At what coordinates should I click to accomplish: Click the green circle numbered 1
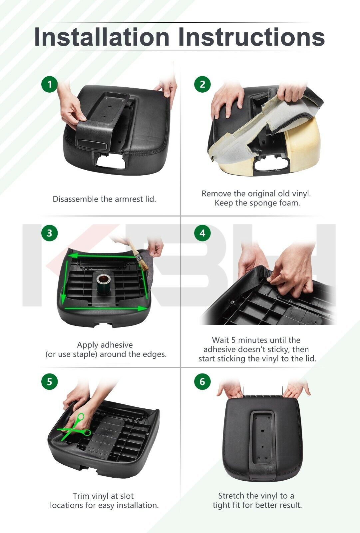(x=50, y=84)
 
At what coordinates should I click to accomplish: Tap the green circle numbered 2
(x=202, y=84)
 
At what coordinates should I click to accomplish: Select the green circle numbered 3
(x=50, y=233)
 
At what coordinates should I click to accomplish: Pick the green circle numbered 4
(x=202, y=233)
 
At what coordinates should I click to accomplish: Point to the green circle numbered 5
(x=50, y=382)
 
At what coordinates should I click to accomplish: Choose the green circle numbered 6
(x=202, y=382)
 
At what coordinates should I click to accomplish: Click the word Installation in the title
(x=102, y=37)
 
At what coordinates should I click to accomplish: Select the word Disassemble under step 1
(x=75, y=199)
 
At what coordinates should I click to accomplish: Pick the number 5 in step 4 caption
(x=233, y=340)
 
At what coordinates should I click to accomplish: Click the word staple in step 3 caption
(x=85, y=354)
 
